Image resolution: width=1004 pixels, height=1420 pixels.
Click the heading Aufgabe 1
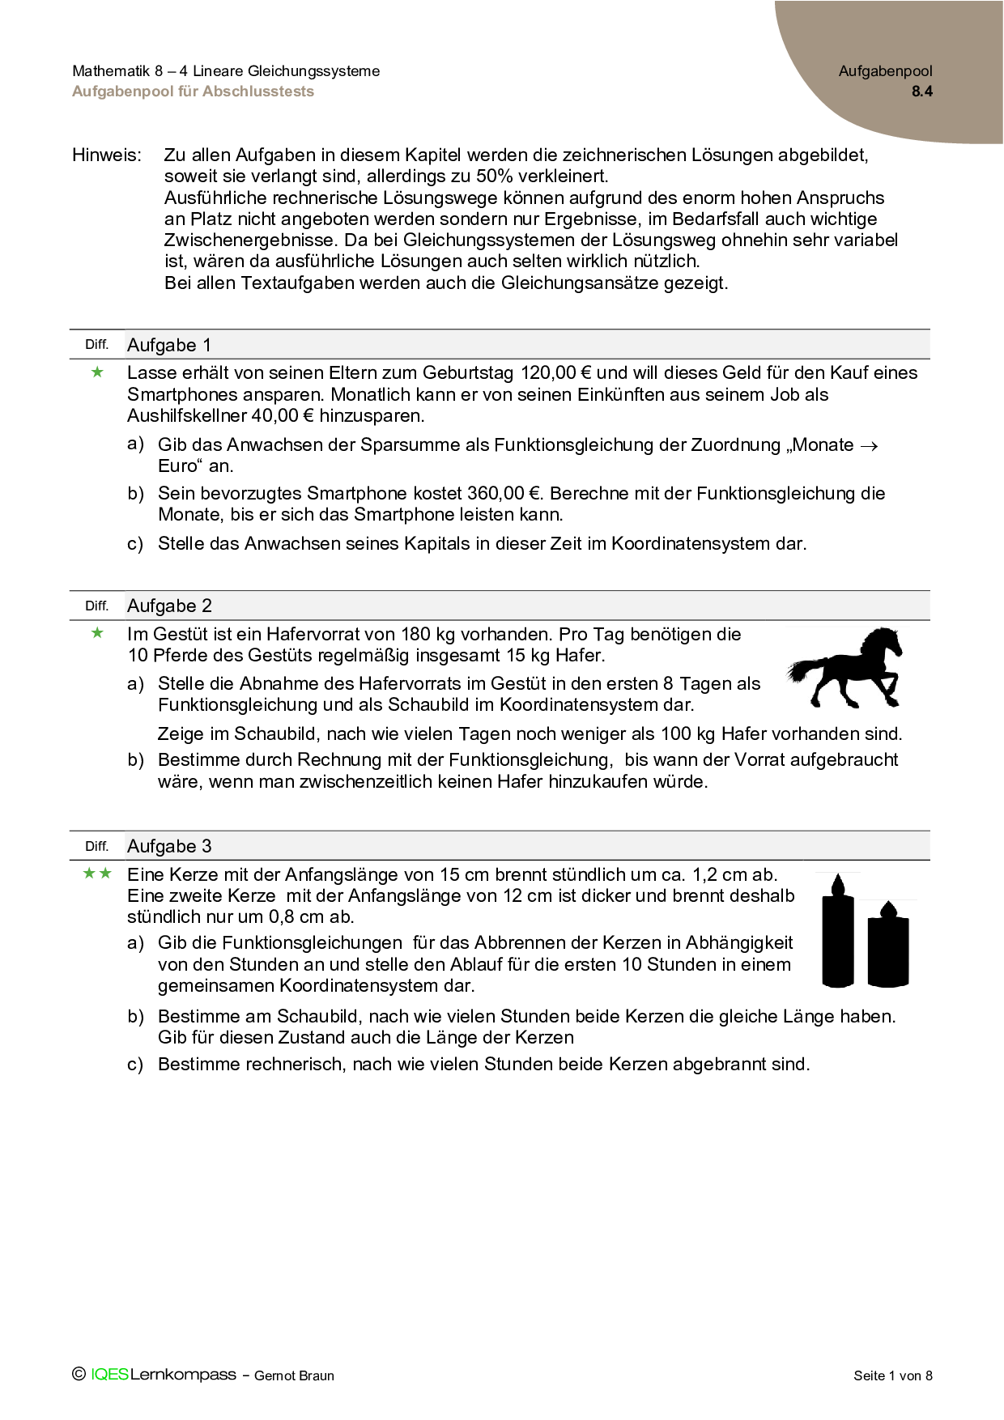tap(169, 345)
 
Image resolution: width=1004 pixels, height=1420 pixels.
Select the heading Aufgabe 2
tap(169, 606)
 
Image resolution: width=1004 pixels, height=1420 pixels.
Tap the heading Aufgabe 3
tap(169, 846)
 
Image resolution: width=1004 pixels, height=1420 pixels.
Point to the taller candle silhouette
tap(839, 933)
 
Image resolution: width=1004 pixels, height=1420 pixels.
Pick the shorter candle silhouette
tap(888, 945)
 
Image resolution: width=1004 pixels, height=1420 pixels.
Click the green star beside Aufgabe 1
tap(98, 372)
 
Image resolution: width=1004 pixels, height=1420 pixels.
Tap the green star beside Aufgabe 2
tap(98, 633)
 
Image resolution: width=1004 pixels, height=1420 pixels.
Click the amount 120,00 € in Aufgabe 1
tap(555, 373)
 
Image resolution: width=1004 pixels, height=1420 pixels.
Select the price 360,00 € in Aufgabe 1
tap(503, 494)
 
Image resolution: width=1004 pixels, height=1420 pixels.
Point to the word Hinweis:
tap(107, 155)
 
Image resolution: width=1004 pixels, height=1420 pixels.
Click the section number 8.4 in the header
tap(921, 91)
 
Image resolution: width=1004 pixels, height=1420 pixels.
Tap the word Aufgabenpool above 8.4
tap(885, 71)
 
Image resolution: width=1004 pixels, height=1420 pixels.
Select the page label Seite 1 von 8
tap(892, 1375)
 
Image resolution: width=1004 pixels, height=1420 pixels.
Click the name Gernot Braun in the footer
tap(294, 1375)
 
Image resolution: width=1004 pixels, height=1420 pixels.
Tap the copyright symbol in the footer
tap(79, 1374)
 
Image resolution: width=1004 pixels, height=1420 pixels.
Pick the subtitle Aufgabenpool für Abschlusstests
tap(193, 91)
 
